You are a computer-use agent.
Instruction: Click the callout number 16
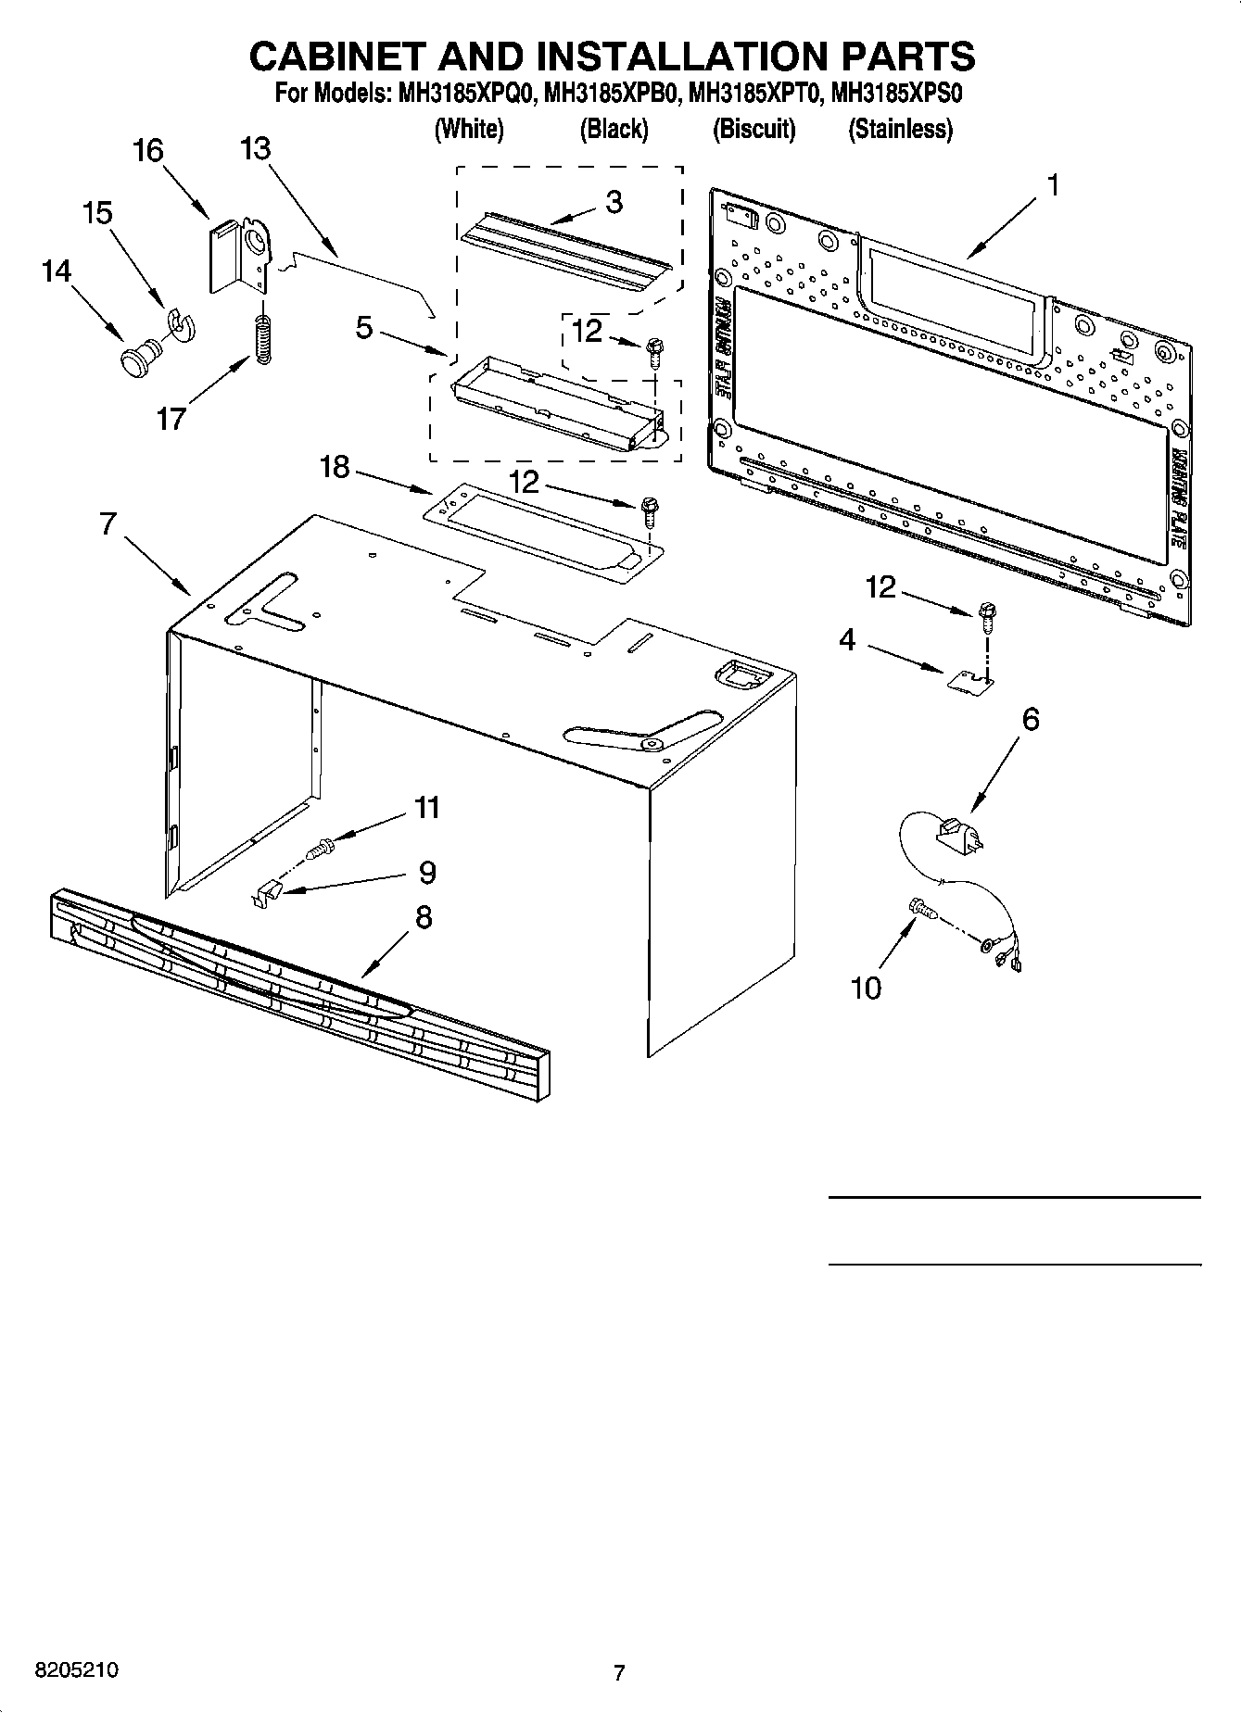pyautogui.click(x=148, y=151)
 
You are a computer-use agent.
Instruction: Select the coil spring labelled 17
pyautogui.click(x=263, y=340)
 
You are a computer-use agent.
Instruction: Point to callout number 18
pyautogui.click(x=335, y=468)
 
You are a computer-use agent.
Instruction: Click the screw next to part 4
pyautogui.click(x=988, y=615)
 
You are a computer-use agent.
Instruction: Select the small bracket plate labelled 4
pyautogui.click(x=969, y=681)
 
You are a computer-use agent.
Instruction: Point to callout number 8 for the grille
pyautogui.click(x=423, y=917)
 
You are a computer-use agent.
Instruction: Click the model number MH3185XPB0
pyautogui.click(x=612, y=94)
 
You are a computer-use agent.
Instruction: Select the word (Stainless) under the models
pyautogui.click(x=900, y=130)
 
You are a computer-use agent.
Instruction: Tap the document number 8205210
pyautogui.click(x=77, y=1669)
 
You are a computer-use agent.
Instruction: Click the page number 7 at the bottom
pyautogui.click(x=619, y=1672)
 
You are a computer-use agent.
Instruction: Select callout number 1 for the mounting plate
pyautogui.click(x=1051, y=185)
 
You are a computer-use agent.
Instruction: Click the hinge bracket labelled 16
pyautogui.click(x=238, y=255)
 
